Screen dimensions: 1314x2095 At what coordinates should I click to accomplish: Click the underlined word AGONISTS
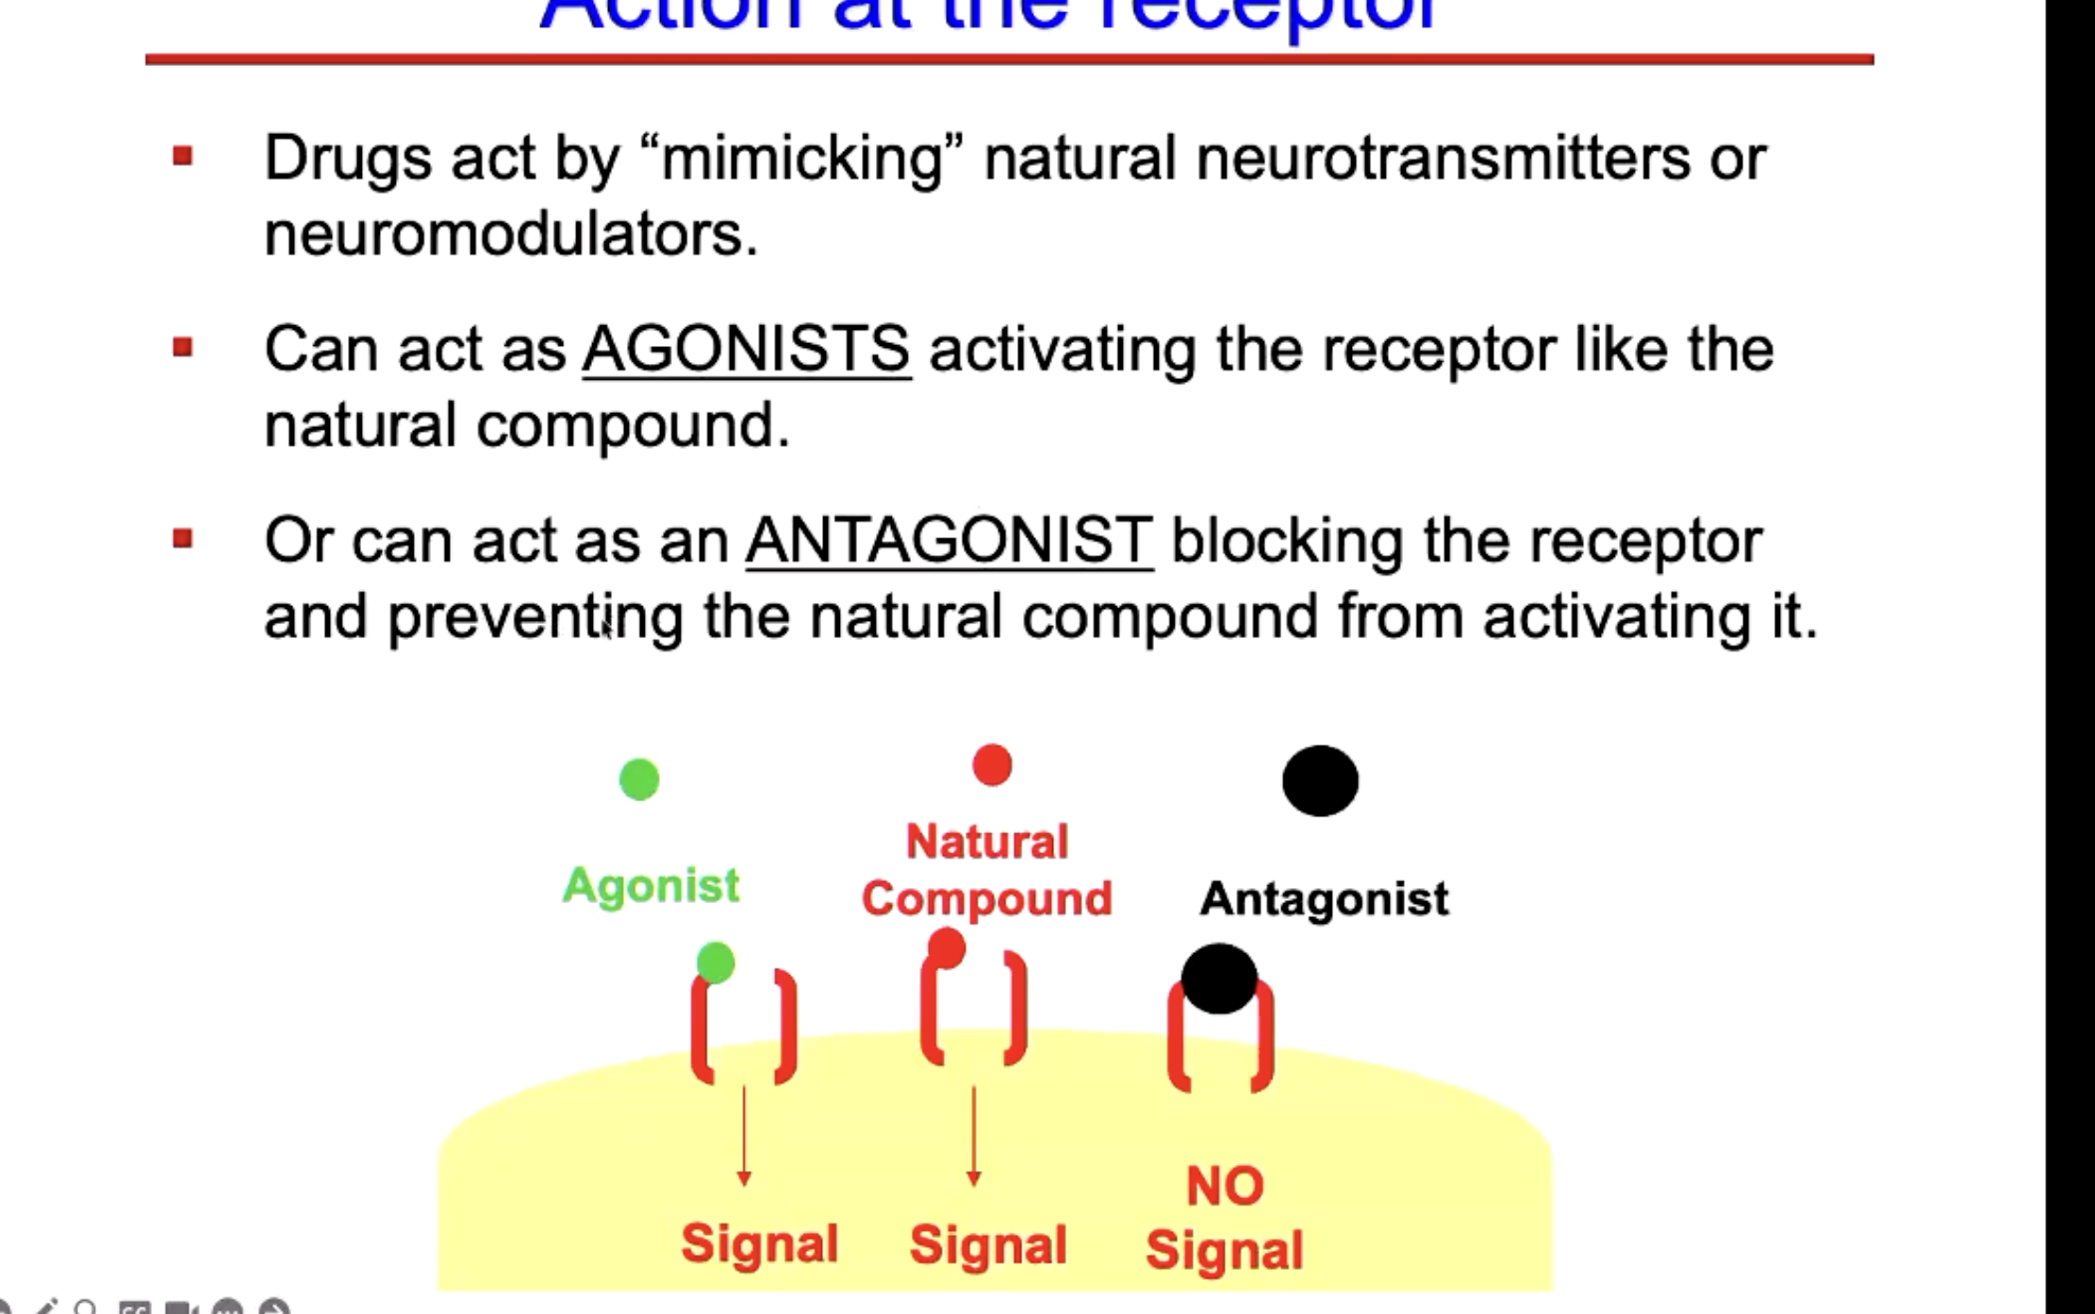tap(747, 349)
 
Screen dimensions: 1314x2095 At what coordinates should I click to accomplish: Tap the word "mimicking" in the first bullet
tap(802, 157)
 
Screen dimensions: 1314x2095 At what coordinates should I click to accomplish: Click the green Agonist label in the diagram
tap(651, 885)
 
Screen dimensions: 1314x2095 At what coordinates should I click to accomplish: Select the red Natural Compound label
tap(986, 870)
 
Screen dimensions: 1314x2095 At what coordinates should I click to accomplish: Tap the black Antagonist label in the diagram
tap(1324, 898)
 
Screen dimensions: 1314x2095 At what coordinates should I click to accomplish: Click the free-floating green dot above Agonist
tap(639, 780)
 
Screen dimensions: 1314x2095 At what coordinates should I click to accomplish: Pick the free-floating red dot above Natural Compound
tap(992, 764)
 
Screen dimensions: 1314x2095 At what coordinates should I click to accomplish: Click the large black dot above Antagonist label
tap(1320, 780)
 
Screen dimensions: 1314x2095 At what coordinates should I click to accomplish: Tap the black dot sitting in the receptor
tap(1218, 978)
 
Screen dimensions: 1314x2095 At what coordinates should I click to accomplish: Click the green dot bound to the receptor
tap(716, 962)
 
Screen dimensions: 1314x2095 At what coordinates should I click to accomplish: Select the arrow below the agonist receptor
tap(744, 1136)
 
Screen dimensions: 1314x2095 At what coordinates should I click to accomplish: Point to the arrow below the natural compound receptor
tap(974, 1136)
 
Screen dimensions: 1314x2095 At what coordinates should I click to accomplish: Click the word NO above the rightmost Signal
tap(1225, 1186)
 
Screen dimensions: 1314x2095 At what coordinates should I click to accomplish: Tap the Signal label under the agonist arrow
tap(760, 1243)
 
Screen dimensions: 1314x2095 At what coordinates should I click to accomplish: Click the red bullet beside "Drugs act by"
tap(183, 156)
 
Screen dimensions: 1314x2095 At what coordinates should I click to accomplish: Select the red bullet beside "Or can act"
tap(183, 539)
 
